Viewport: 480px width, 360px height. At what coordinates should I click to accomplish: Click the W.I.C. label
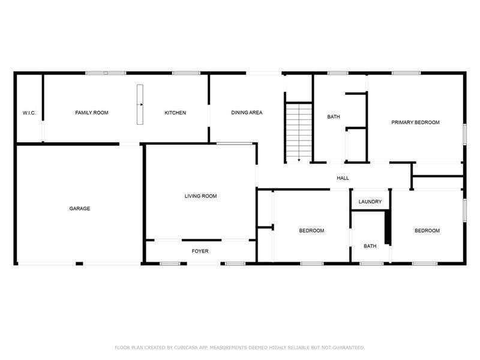[x=29, y=113]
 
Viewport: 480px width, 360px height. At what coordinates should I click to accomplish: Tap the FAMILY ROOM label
[x=91, y=113]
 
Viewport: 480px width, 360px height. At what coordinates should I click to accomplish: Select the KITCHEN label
[x=175, y=113]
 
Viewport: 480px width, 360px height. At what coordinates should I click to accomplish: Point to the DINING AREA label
[x=247, y=113]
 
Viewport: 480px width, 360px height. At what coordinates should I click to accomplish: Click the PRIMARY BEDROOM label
[x=415, y=122]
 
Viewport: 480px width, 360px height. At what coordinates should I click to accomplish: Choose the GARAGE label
[x=79, y=209]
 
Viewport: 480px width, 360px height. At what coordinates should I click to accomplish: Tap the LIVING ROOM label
[x=200, y=196]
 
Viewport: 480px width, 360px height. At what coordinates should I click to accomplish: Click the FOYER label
[x=200, y=251]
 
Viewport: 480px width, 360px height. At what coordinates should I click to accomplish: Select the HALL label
[x=343, y=178]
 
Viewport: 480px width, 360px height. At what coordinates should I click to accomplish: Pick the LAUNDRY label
[x=370, y=202]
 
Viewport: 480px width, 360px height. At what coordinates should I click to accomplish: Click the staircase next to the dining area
[x=298, y=129]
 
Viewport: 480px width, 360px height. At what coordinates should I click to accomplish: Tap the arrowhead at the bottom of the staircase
[x=298, y=160]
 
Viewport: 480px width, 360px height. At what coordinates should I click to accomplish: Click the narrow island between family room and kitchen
[x=140, y=105]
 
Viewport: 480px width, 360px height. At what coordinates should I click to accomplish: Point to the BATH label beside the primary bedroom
[x=334, y=117]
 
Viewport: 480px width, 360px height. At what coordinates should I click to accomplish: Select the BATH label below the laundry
[x=370, y=246]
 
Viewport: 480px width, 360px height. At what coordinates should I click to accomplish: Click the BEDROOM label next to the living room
[x=311, y=231]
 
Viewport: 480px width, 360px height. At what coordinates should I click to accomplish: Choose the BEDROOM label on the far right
[x=427, y=231]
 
